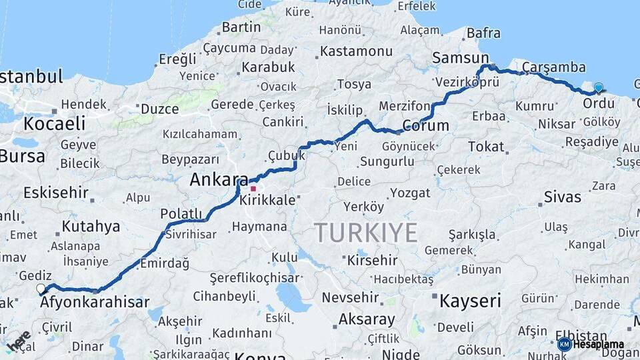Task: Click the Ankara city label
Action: (219, 179)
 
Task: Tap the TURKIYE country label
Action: (366, 233)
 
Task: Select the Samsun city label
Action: (460, 58)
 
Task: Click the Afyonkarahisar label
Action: (95, 302)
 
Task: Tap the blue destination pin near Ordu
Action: (598, 88)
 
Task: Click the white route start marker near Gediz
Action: (41, 289)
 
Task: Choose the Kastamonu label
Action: (356, 51)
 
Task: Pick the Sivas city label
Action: (562, 197)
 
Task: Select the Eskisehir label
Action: (56, 193)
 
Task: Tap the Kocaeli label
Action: (55, 123)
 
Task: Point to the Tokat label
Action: (486, 146)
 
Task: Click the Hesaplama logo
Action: (592, 344)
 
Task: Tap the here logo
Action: (18, 341)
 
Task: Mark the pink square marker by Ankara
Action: (253, 189)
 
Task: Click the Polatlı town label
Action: (181, 213)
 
